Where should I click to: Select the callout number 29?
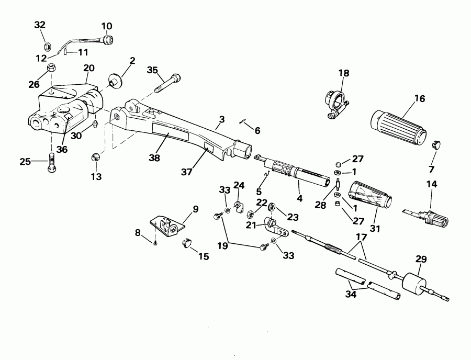(x=420, y=259)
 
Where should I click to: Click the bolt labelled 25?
(x=51, y=163)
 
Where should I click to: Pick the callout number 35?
(x=152, y=70)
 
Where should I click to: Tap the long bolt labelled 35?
(x=168, y=82)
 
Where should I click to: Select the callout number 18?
(x=343, y=73)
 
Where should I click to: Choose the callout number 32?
(x=40, y=25)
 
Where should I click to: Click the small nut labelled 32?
(x=46, y=45)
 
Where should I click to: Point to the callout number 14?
(x=431, y=185)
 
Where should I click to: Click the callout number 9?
(x=195, y=209)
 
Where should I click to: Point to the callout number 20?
(x=89, y=67)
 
